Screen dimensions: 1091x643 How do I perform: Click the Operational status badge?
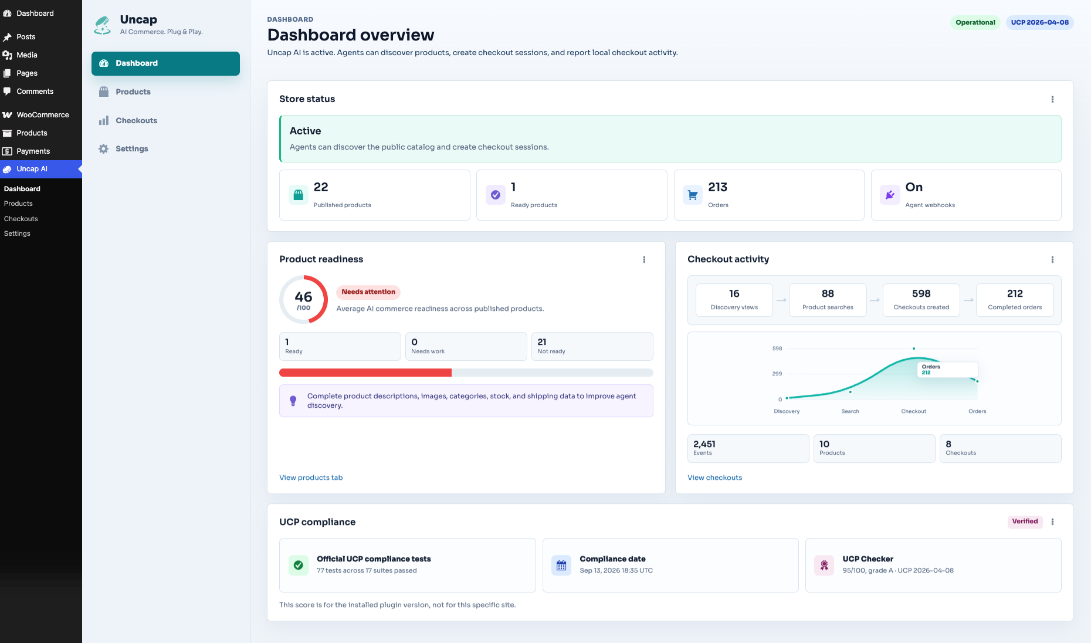coord(975,22)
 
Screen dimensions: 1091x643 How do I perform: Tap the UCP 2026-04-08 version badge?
coord(1039,22)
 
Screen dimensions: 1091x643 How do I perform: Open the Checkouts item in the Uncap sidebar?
coord(136,120)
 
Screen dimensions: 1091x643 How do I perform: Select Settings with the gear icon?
coord(131,148)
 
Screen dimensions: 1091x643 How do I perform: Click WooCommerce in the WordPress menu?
coord(43,115)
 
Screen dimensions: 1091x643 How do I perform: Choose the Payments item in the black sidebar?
coord(33,151)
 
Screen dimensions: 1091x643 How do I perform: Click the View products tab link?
coord(311,478)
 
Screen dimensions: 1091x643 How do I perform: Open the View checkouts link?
coord(714,478)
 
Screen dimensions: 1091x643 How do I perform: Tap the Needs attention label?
coord(368,292)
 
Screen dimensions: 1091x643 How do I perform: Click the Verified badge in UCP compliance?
coord(1025,522)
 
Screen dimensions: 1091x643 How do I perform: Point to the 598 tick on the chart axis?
coord(777,348)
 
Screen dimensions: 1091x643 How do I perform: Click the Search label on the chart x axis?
coord(850,411)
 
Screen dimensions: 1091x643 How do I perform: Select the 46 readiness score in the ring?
coord(303,297)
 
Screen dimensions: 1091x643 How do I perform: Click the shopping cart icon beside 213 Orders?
coord(693,195)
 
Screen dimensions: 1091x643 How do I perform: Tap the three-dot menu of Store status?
coord(1052,99)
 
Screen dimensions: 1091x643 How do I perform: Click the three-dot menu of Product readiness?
coord(644,259)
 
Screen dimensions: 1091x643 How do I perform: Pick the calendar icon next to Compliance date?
coord(561,566)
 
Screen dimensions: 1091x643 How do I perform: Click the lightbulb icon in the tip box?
coord(293,401)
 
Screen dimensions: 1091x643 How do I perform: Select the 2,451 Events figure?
coord(704,444)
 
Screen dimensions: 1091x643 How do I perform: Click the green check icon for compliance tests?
coord(299,566)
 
